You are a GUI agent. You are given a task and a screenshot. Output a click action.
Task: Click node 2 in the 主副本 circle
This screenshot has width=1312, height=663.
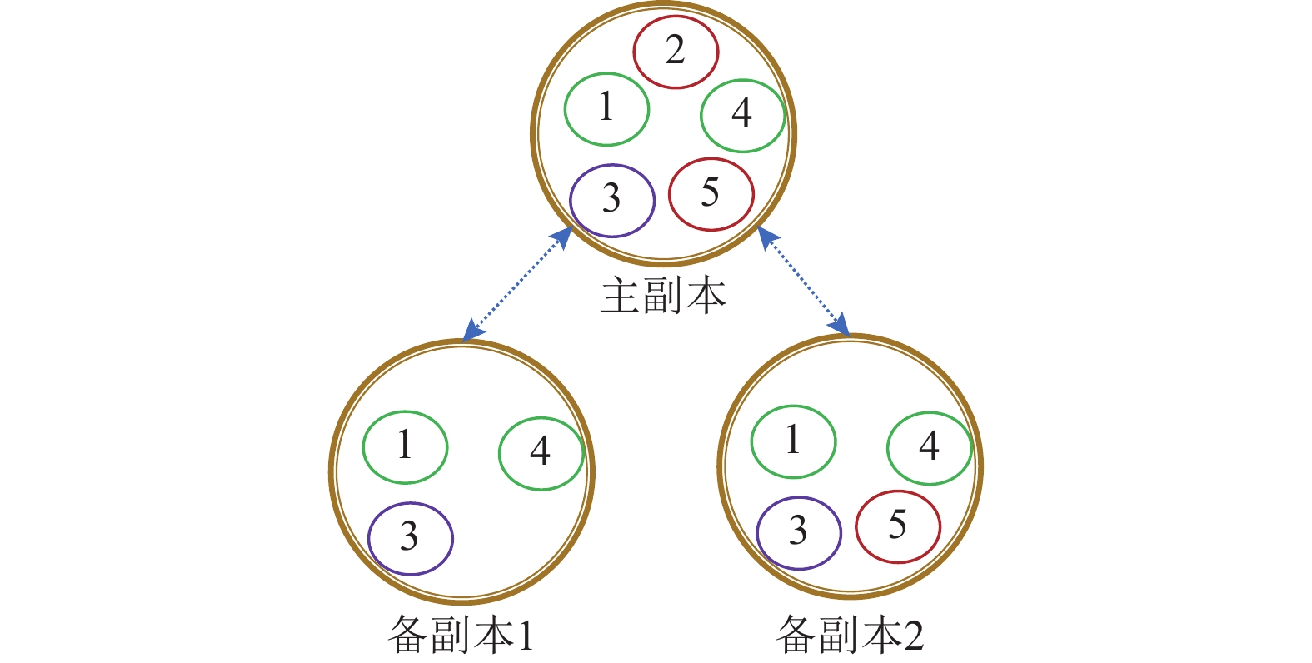(x=675, y=52)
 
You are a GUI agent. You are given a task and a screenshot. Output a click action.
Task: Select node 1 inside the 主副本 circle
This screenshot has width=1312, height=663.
(x=606, y=109)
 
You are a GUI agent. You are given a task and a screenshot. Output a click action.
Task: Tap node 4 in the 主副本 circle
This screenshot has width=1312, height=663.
(x=742, y=115)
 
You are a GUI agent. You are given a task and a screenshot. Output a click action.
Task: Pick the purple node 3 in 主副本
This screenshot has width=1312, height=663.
(x=612, y=201)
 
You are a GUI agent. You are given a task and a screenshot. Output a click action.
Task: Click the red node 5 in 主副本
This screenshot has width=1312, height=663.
(x=711, y=194)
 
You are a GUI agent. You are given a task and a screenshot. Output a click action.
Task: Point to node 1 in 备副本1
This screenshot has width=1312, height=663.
(x=405, y=447)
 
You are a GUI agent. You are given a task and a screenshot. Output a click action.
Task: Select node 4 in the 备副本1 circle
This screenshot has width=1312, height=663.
(x=541, y=453)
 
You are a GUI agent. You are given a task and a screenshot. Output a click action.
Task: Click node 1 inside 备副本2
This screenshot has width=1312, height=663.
(x=793, y=442)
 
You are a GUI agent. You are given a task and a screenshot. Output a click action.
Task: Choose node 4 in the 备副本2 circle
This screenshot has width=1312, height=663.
(x=929, y=448)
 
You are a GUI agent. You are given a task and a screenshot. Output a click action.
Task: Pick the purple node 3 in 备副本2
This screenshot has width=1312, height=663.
(x=799, y=533)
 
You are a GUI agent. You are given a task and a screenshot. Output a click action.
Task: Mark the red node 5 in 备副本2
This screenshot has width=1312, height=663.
(x=897, y=526)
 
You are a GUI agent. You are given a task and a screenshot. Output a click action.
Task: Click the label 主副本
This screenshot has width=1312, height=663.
(x=663, y=297)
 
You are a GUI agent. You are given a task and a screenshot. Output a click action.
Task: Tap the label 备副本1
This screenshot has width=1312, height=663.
(x=461, y=636)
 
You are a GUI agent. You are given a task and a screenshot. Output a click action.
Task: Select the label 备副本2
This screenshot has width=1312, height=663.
(x=850, y=636)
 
